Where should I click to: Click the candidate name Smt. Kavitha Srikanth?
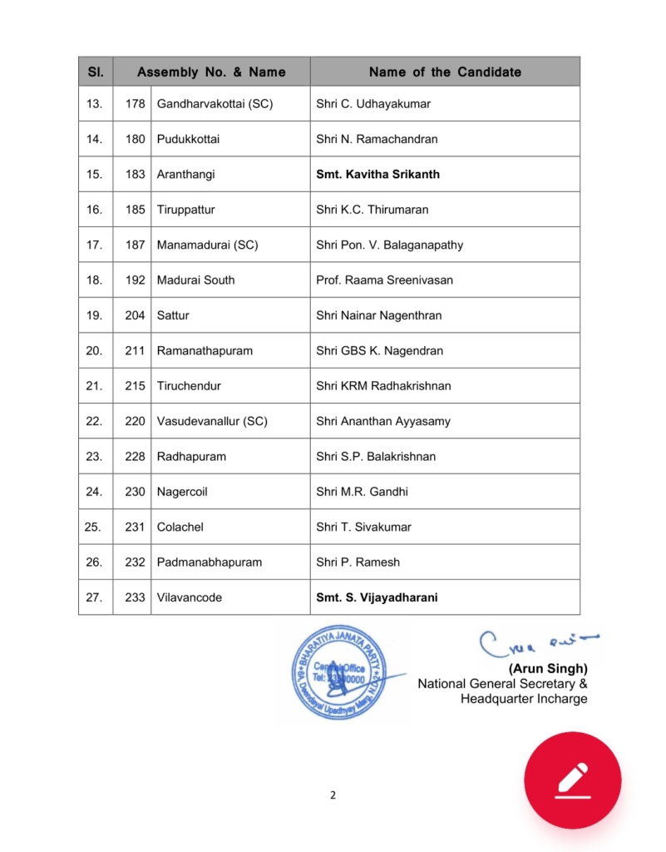(x=377, y=175)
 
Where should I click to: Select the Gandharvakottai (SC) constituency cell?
(x=215, y=104)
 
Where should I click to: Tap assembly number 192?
(x=135, y=280)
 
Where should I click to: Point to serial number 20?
(x=95, y=351)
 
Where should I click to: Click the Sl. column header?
(x=96, y=72)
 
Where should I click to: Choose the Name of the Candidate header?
(x=445, y=72)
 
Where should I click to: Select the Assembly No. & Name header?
(x=211, y=72)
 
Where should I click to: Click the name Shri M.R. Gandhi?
(x=362, y=492)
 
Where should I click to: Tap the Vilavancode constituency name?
(x=189, y=597)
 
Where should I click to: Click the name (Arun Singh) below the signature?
(x=548, y=668)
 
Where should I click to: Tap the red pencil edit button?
(x=572, y=780)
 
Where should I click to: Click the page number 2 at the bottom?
(x=333, y=795)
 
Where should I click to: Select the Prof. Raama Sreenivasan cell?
(x=384, y=280)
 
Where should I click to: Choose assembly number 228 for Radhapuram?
(x=135, y=457)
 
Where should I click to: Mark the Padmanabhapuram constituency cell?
(x=209, y=562)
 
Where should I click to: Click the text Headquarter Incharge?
(x=524, y=699)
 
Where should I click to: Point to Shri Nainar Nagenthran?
(x=378, y=315)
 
